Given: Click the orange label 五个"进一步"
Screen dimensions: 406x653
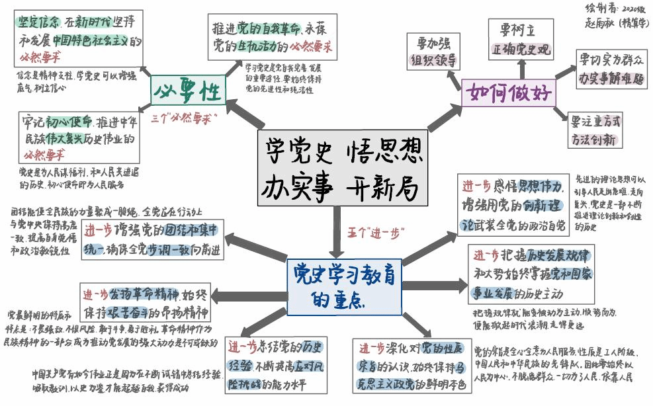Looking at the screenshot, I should (x=375, y=233).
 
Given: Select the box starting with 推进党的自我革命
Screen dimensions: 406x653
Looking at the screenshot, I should (x=273, y=38).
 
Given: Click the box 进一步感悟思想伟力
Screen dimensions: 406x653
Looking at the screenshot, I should (x=514, y=205).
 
